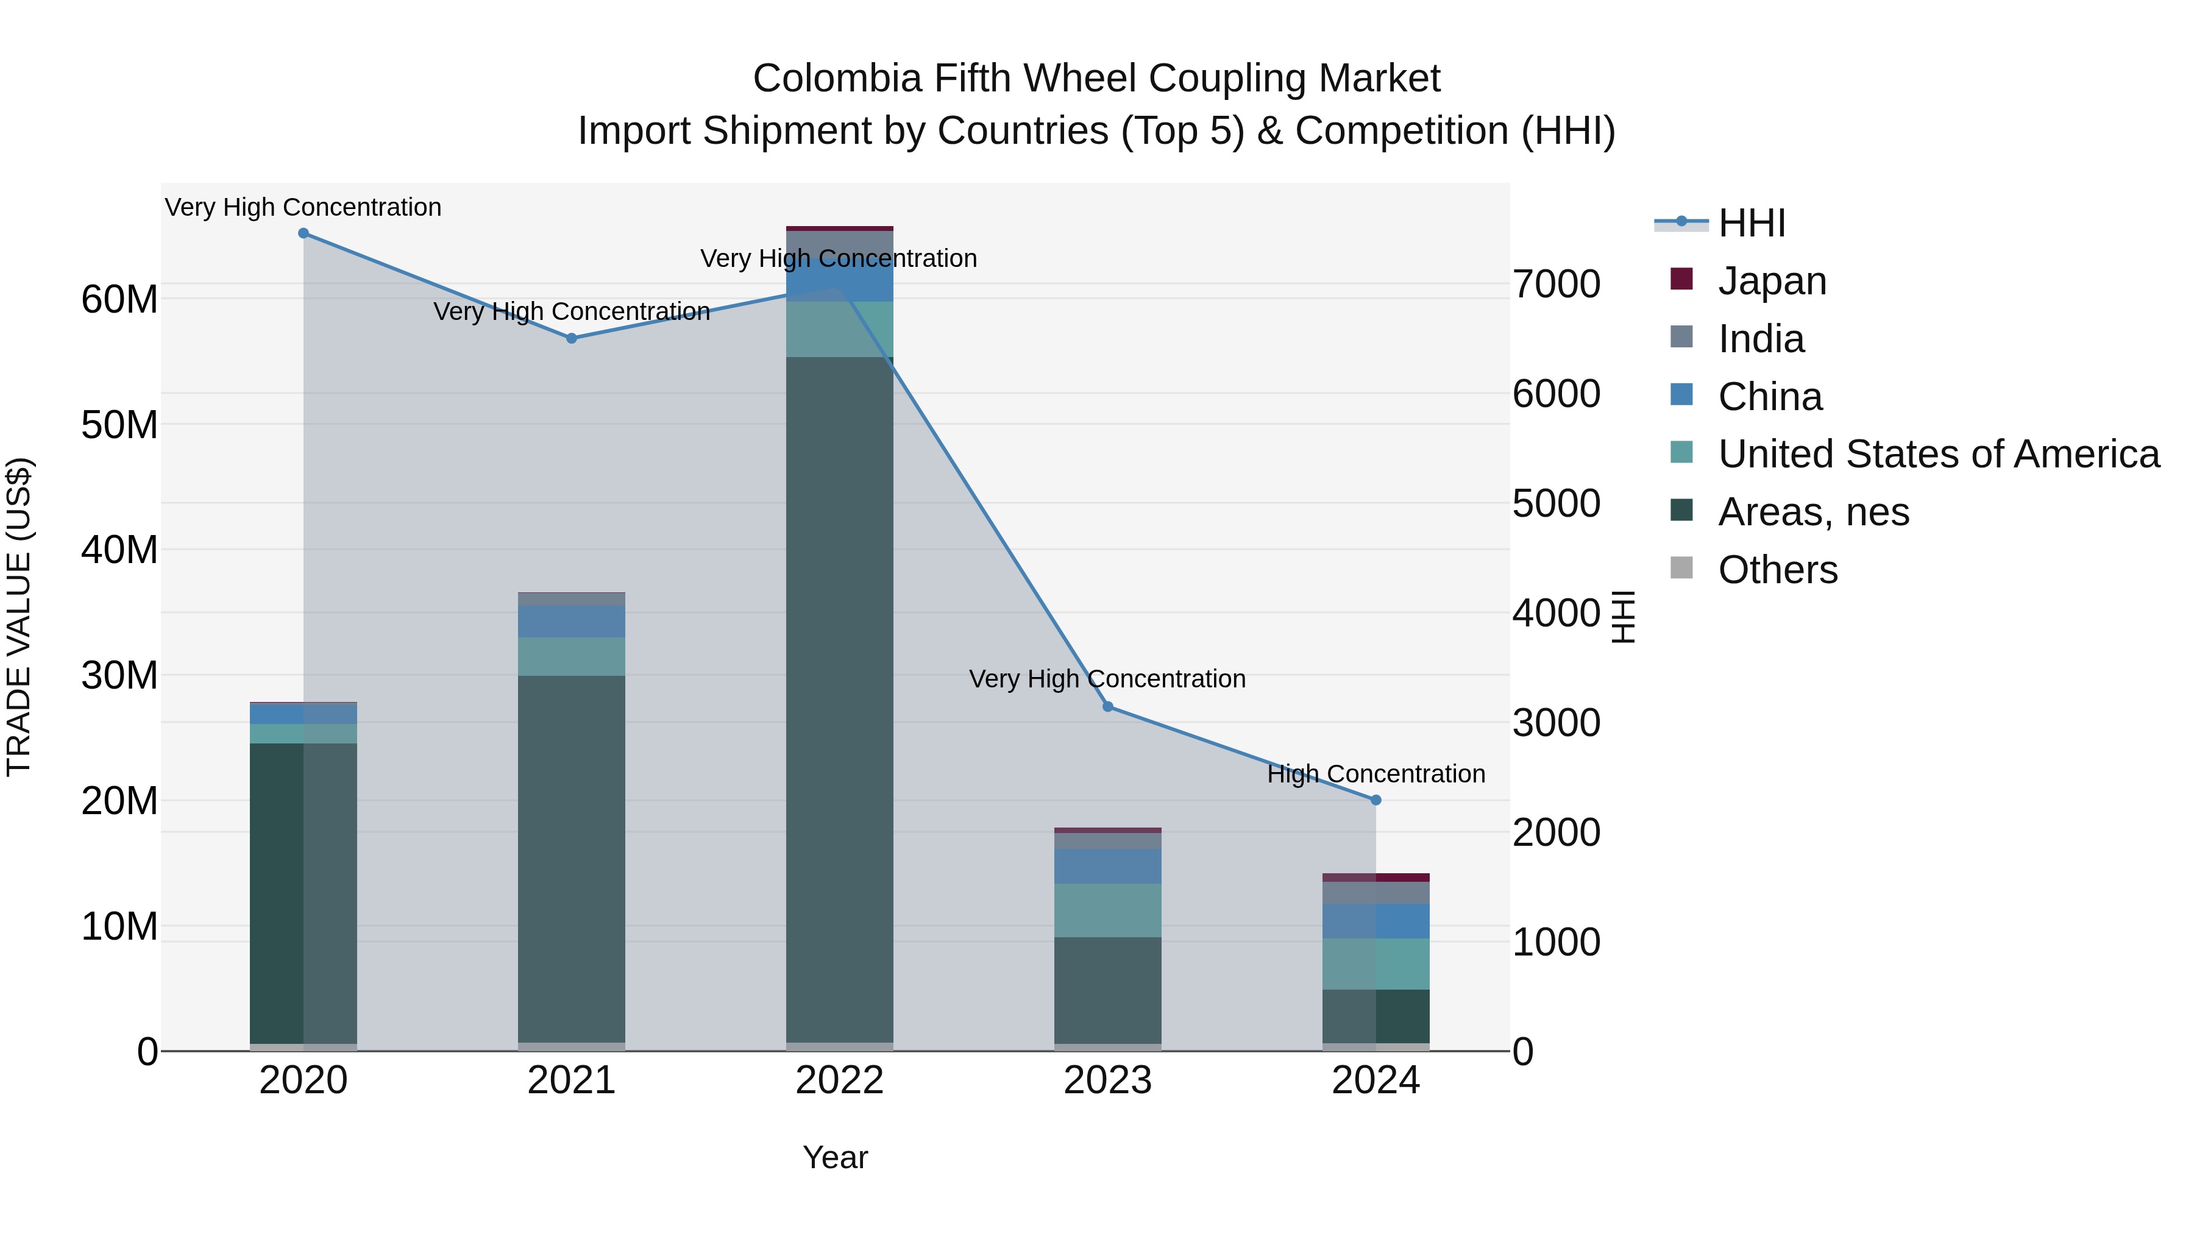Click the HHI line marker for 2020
pyautogui.click(x=304, y=233)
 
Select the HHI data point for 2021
pyautogui.click(x=572, y=338)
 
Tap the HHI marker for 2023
pyautogui.click(x=1108, y=707)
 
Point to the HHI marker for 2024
pyautogui.click(x=1376, y=801)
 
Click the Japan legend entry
pyautogui.click(x=1772, y=281)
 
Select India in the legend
pyautogui.click(x=1761, y=339)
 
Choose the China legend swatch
pyautogui.click(x=1682, y=395)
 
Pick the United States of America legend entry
pyautogui.click(x=1937, y=454)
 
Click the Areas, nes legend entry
pyautogui.click(x=1813, y=512)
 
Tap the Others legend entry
pyautogui.click(x=1778, y=570)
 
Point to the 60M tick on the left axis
pyautogui.click(x=119, y=300)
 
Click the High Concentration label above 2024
pyautogui.click(x=1376, y=774)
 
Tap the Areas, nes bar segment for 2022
pyautogui.click(x=840, y=698)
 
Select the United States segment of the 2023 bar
pyautogui.click(x=1108, y=910)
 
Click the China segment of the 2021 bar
pyautogui.click(x=572, y=622)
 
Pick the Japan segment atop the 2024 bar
pyautogui.click(x=1376, y=877)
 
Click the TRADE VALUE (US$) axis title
pyautogui.click(x=19, y=617)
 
